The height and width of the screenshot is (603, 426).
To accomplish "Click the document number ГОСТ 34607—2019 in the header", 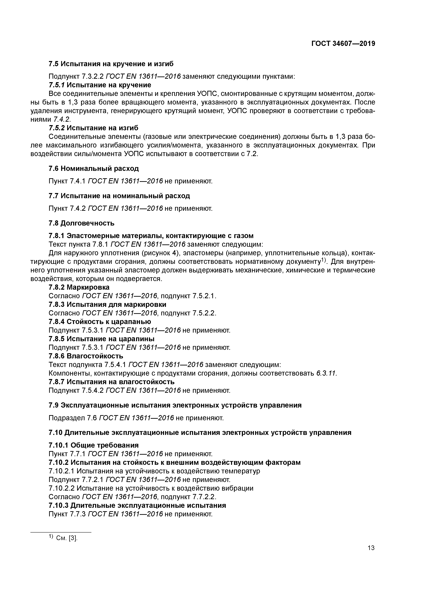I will click(343, 44).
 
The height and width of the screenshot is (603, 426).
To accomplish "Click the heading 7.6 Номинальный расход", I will click(94, 168).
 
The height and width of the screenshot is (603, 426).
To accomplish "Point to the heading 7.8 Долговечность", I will click(82, 223).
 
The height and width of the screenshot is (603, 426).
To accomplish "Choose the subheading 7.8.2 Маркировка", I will click(79, 287).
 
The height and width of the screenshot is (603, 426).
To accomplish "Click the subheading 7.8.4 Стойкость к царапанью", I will click(100, 322).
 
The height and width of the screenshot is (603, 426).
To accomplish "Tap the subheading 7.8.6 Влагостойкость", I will click(86, 356).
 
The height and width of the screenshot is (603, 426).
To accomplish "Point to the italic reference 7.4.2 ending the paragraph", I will click(62, 119).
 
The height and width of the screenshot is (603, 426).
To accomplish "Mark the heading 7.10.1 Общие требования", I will click(94, 445).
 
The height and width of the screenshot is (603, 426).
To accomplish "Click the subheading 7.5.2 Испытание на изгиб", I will click(93, 128).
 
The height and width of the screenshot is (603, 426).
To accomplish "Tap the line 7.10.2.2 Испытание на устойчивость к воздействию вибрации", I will click(151, 488).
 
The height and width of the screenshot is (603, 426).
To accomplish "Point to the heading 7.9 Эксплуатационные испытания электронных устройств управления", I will click(175, 405).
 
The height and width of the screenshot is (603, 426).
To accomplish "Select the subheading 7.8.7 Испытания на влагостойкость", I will click(111, 382).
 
